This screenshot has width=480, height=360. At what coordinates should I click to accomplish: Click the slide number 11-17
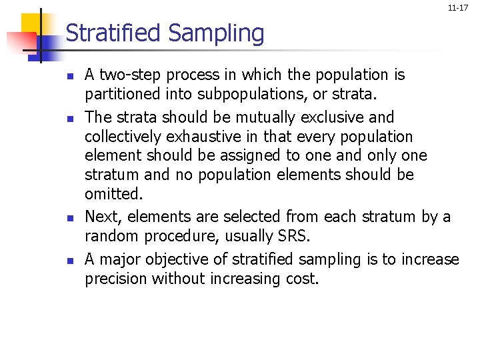(x=457, y=8)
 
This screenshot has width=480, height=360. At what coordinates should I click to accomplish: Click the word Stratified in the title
(x=114, y=33)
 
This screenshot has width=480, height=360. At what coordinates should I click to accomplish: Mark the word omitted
(x=111, y=193)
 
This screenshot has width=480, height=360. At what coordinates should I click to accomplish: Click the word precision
(x=116, y=279)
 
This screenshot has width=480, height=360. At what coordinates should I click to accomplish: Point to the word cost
(x=303, y=279)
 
